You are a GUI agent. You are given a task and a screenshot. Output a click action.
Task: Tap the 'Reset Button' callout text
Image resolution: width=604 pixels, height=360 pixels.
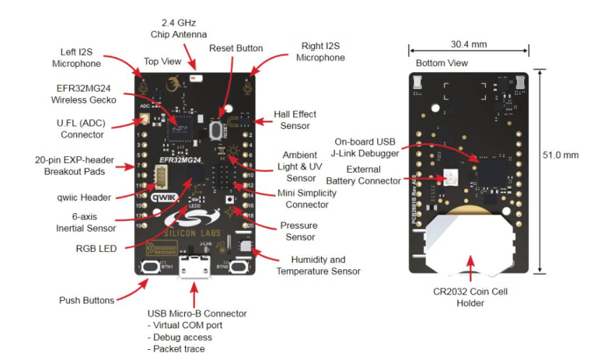(236, 48)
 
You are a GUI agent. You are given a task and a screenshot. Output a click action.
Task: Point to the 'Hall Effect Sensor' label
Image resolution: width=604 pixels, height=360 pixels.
(294, 120)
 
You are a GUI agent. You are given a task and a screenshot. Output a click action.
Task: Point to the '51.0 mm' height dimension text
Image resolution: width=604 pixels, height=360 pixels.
(561, 155)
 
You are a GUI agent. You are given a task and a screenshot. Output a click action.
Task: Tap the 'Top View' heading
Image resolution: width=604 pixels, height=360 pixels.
(163, 62)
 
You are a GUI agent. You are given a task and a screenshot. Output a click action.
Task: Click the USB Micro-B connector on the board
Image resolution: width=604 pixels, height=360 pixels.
(194, 271)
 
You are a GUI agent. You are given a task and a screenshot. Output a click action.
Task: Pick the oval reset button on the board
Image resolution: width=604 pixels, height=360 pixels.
(215, 130)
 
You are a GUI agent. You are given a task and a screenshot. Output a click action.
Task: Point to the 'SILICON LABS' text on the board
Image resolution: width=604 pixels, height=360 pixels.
(194, 232)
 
